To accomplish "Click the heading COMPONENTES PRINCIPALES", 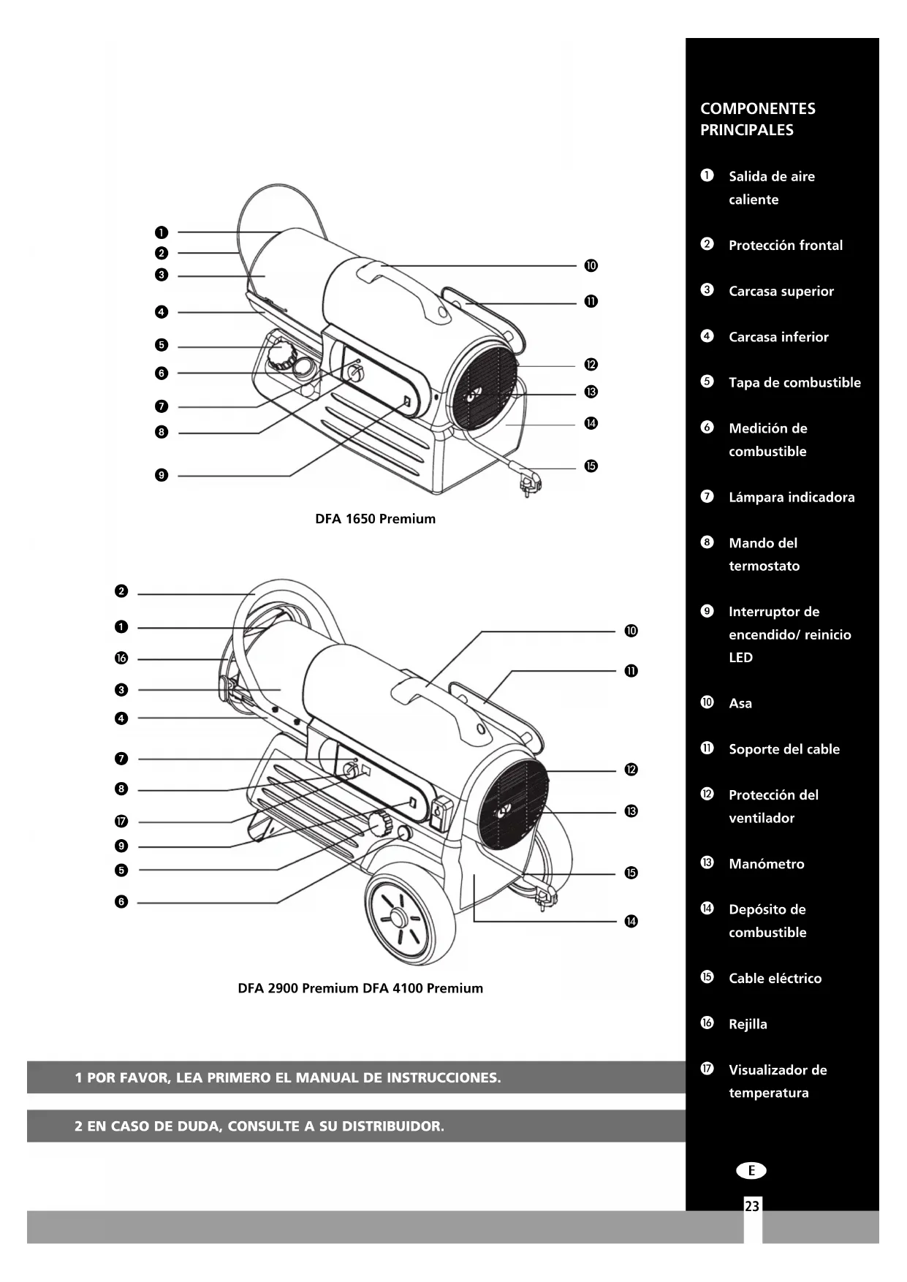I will tap(757, 119).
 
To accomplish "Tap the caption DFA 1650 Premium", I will tap(375, 519).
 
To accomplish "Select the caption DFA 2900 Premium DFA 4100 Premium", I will tap(360, 988).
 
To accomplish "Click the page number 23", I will tap(752, 1206).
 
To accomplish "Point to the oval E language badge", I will tap(751, 1171).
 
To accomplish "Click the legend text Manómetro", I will tap(766, 864).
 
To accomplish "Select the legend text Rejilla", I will tap(748, 1024).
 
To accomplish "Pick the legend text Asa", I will tap(740, 703).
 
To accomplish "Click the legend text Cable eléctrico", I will tap(775, 978).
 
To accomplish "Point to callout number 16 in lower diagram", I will tap(121, 659).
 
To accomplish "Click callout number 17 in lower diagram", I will tap(121, 822).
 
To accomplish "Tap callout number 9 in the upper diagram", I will tap(162, 475).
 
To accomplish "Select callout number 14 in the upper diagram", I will tap(591, 423).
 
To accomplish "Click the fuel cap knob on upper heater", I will tap(278, 356).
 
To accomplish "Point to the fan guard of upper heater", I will tap(482, 387).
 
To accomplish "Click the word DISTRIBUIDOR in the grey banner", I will tap(392, 1126).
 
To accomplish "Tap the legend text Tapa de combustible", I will tap(794, 382).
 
